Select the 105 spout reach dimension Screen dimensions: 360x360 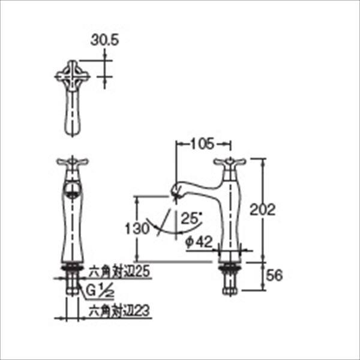203,144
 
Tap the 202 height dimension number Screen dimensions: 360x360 262,210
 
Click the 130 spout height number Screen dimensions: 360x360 135,229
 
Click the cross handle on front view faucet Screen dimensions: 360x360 72,162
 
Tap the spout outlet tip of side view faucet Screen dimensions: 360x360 176,193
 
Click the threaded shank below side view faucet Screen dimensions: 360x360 229,277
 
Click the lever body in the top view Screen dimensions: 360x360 73,114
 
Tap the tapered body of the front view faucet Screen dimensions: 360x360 71,228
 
